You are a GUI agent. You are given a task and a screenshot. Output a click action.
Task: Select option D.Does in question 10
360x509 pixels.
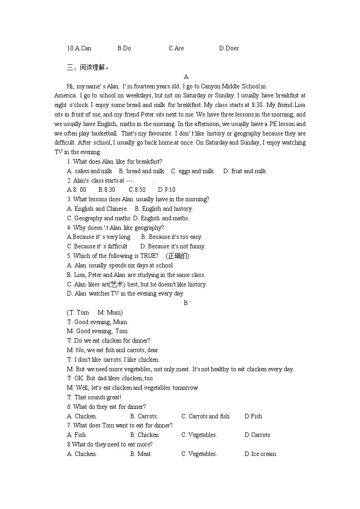pos(229,48)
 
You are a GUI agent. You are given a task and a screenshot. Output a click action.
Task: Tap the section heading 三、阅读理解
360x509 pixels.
pos(88,68)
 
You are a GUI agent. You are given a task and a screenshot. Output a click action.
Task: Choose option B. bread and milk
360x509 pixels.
pos(141,171)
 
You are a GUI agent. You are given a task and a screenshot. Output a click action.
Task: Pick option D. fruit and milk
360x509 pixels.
pos(244,171)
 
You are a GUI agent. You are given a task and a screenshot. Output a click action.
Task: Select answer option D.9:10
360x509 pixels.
pos(166,190)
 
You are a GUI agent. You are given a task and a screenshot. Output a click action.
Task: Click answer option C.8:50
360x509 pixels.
pos(137,190)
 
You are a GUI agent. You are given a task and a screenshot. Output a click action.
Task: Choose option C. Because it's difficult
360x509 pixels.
pos(97,246)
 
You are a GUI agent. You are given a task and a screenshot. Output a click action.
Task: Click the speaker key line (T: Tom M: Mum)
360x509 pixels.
pos(95,312)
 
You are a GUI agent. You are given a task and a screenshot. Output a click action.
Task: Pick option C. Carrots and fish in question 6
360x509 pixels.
pos(206,416)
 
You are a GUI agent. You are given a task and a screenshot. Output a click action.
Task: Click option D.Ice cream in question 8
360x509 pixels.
pos(260,454)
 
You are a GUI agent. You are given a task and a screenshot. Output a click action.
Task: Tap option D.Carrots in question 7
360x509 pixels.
pos(257,435)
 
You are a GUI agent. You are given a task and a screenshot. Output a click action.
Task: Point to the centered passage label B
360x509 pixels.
pos(185,303)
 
